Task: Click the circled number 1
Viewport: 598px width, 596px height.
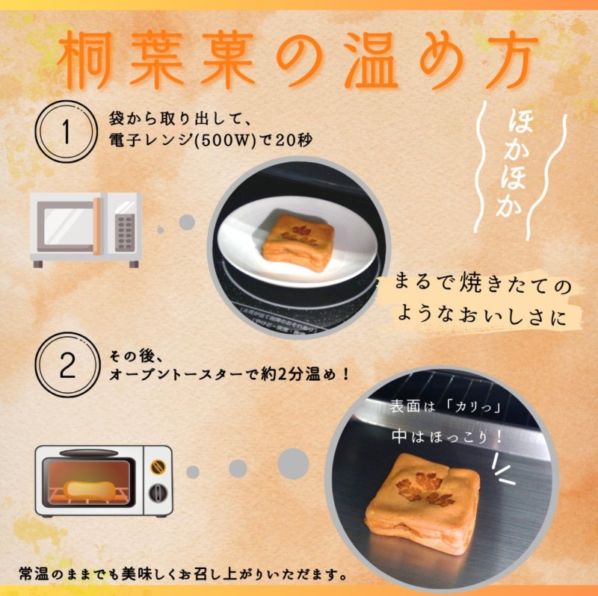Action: (65, 131)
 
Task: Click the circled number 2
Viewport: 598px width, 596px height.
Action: (67, 365)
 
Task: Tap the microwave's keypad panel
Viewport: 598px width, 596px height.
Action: (125, 232)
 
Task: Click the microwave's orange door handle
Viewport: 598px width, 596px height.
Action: (97, 226)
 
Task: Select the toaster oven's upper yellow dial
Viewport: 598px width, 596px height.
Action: (158, 466)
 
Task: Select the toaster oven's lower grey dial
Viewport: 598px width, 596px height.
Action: (158, 493)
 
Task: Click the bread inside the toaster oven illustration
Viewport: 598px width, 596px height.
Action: (89, 489)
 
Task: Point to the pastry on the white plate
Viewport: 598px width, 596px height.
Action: (298, 243)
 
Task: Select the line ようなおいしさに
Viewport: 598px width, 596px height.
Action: (481, 317)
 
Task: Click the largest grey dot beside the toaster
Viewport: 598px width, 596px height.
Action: (293, 464)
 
